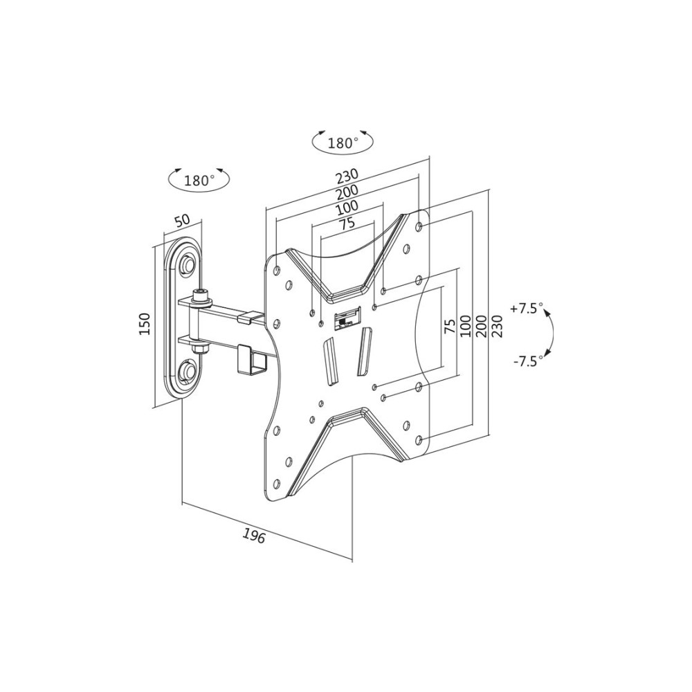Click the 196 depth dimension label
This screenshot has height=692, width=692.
[x=254, y=536]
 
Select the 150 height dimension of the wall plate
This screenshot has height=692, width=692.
[x=146, y=323]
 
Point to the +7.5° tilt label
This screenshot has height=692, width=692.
[x=527, y=308]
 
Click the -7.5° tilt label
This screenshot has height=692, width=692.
[x=528, y=361]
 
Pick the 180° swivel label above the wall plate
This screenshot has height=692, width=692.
[x=199, y=180]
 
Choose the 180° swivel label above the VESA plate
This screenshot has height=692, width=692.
[x=343, y=143]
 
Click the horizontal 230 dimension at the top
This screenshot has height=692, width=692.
[x=347, y=176]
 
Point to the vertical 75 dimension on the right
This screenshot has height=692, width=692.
[x=449, y=326]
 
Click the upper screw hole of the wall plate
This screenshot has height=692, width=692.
[x=188, y=263]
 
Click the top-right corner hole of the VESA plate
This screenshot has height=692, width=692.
[x=419, y=226]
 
